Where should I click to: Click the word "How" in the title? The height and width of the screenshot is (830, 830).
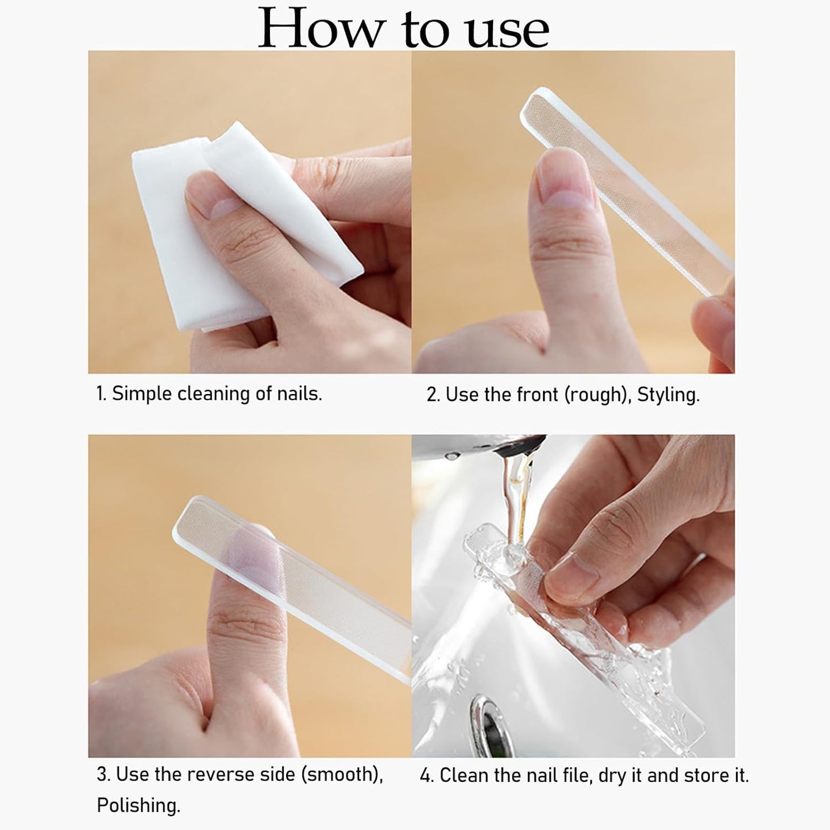(319, 29)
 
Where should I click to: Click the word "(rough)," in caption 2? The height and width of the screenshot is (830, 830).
(598, 395)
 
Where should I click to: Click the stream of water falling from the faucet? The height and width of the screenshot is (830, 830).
(517, 495)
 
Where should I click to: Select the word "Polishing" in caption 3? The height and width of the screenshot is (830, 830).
(138, 805)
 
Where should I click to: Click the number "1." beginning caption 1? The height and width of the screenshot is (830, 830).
(101, 393)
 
